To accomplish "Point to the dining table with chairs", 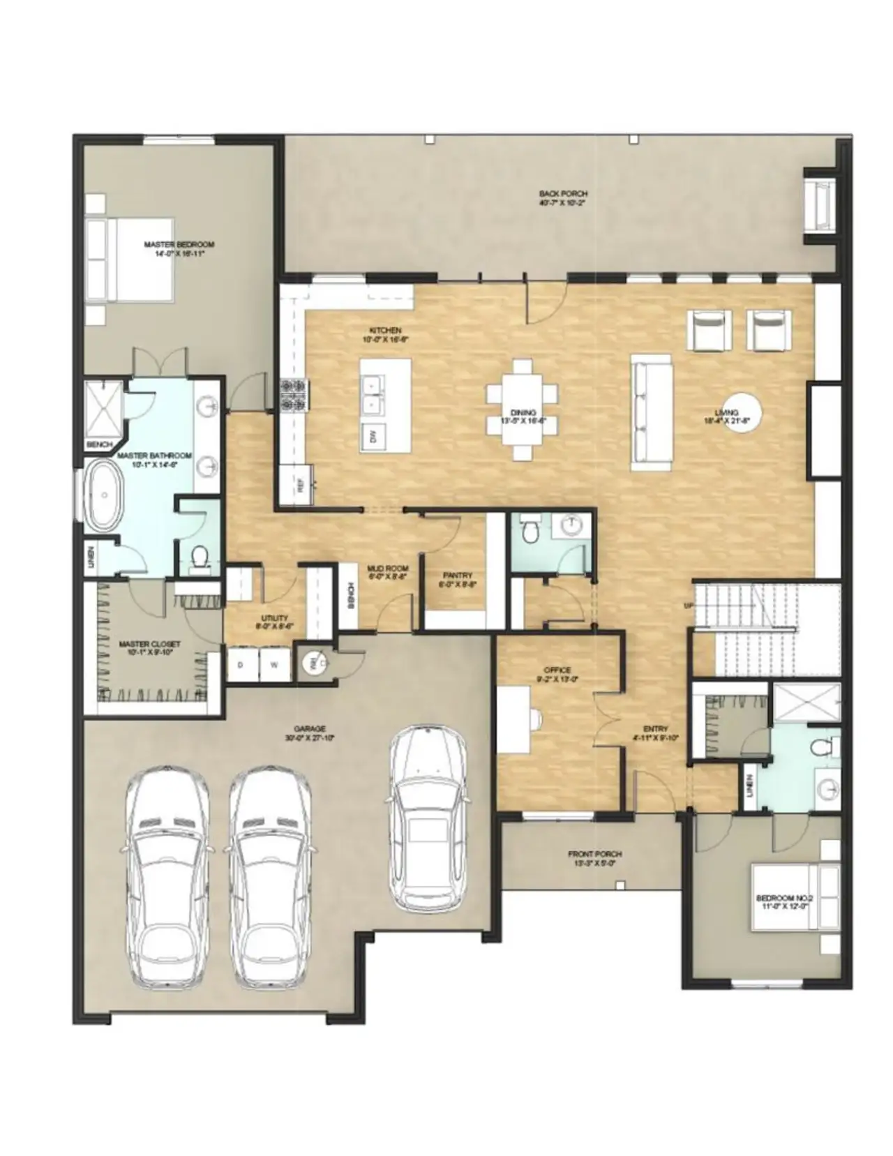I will click(x=523, y=410).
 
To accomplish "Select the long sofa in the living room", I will click(x=652, y=412).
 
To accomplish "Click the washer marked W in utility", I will click(x=274, y=665).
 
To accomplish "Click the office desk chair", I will click(x=534, y=719).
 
